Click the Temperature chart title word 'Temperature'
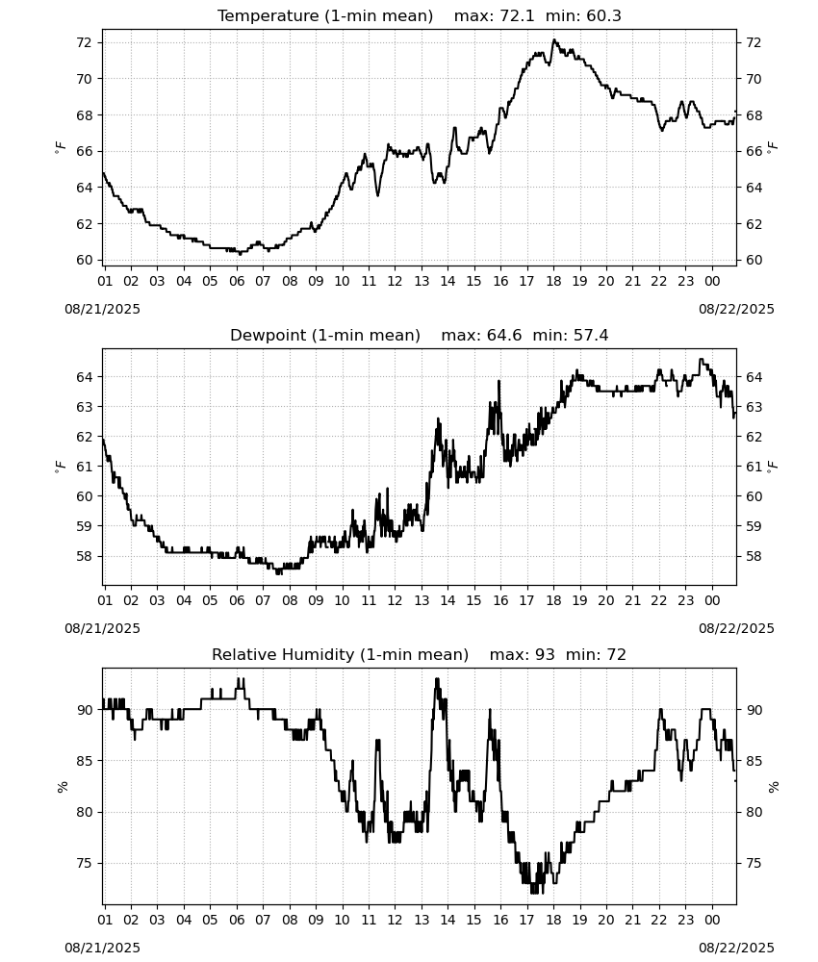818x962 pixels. [268, 16]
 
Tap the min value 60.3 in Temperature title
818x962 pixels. [603, 16]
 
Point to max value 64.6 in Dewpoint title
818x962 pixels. [504, 336]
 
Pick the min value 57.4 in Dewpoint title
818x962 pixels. [591, 336]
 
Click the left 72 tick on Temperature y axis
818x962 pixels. [84, 42]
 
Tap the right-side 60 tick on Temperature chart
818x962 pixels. [754, 260]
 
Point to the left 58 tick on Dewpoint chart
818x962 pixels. [84, 556]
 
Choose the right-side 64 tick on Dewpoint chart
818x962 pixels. [754, 377]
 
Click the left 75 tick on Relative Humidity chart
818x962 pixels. [84, 863]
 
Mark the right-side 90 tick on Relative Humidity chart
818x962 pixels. [754, 710]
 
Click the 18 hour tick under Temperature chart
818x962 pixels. [553, 281]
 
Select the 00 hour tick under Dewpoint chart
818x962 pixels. [712, 600]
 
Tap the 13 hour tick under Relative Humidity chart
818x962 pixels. [422, 921]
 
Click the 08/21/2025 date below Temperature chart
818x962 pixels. [102, 309]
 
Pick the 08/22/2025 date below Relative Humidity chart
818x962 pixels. [736, 948]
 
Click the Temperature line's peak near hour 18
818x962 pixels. [554, 40]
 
